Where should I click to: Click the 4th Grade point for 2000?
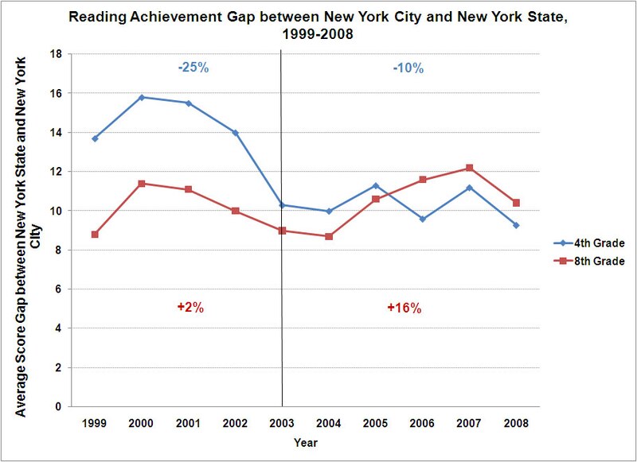[142, 97]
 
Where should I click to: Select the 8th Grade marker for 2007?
[470, 168]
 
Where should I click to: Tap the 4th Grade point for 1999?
[96, 138]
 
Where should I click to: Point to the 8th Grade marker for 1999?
[96, 235]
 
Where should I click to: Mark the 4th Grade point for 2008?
[517, 225]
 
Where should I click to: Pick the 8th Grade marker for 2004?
[329, 236]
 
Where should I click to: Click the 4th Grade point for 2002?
[236, 133]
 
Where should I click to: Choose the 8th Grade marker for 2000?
[142, 184]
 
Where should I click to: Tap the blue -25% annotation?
[193, 68]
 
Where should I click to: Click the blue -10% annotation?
[408, 68]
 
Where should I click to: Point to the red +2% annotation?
[191, 308]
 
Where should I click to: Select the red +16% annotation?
[404, 308]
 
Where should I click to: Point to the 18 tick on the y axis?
[57, 55]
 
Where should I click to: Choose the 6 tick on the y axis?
[60, 289]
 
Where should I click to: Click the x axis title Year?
[305, 441]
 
